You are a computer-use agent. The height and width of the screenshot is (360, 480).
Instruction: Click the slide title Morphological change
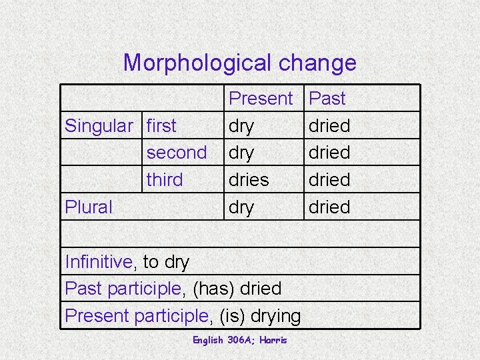coord(240,63)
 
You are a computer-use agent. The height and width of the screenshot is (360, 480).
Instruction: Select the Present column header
coord(261,99)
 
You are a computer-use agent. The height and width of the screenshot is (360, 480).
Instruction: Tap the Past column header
coord(328,99)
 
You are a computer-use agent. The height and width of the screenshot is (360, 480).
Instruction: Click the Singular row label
coord(98,125)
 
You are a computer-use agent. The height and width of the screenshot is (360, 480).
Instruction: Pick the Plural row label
coord(89,207)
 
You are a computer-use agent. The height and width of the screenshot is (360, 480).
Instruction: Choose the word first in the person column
coord(161,125)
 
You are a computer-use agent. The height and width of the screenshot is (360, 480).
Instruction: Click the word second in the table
coord(177,153)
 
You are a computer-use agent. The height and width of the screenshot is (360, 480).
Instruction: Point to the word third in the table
coord(164,180)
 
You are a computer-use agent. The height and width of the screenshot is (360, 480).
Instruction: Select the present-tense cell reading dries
coord(249,180)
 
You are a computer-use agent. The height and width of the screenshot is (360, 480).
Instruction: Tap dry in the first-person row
coord(241,126)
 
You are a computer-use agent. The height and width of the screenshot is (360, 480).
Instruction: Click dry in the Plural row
coord(241,208)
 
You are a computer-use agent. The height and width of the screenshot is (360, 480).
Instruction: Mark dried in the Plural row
coord(329,207)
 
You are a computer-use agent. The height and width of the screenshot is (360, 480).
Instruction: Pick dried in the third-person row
coord(329,180)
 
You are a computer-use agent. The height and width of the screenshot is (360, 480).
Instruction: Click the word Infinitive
coord(99,262)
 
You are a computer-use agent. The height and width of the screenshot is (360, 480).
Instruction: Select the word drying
coord(275,316)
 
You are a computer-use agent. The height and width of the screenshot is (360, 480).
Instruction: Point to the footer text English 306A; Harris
coord(240,340)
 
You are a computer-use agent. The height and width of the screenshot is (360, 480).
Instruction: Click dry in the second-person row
coord(241,153)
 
